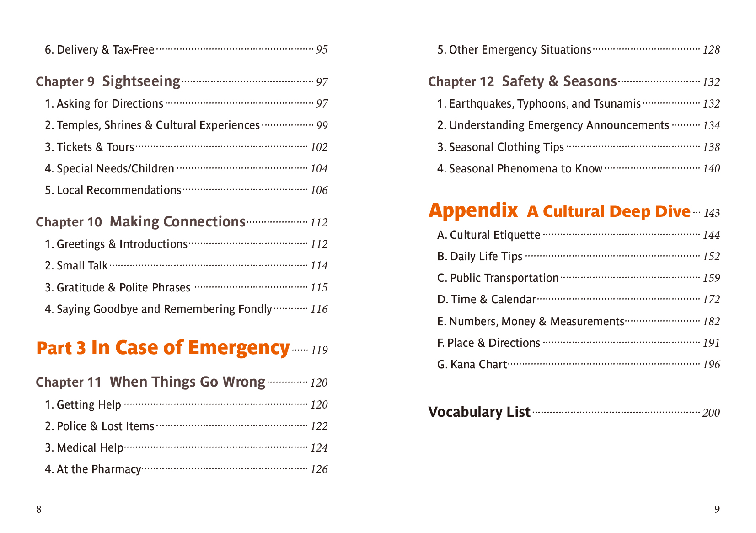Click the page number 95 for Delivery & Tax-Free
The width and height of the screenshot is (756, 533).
(322, 49)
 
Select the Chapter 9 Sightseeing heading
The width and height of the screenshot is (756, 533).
(108, 81)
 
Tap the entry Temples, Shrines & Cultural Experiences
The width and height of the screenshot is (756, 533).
(152, 125)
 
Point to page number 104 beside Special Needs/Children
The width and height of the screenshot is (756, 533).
(319, 169)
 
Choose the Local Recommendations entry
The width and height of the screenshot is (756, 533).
(113, 190)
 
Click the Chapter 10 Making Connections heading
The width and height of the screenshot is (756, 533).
(140, 222)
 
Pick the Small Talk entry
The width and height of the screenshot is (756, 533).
(76, 266)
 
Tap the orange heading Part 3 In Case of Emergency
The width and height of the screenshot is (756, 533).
(162, 348)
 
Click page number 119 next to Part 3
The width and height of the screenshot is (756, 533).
(319, 350)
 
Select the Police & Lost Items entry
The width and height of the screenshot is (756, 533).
(100, 426)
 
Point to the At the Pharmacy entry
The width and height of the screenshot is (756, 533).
(93, 469)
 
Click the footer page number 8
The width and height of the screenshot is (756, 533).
(39, 510)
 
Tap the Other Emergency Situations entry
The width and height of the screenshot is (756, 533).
(514, 50)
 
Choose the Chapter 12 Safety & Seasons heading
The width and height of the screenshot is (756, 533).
(522, 81)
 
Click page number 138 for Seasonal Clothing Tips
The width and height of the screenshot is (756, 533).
(711, 147)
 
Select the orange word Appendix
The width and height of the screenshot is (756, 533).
(473, 210)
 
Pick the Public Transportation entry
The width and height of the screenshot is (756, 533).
(498, 278)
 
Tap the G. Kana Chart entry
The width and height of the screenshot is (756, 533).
(472, 365)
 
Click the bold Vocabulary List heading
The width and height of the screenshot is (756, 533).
(479, 412)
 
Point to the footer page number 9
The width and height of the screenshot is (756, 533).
(717, 510)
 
